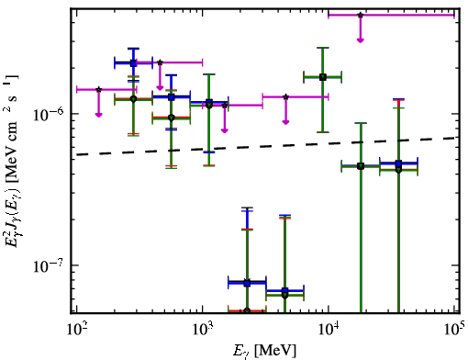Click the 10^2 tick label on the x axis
pos(77,330)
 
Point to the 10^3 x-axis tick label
pos(203,330)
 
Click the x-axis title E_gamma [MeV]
pos(264,351)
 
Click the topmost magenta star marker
pos(361,15)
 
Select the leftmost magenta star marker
pos(98,89)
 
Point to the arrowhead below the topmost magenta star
pos(361,40)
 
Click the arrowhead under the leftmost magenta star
pos(98,115)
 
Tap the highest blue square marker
pos(133,63)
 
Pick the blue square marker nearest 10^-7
pos(247,284)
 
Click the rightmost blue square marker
pos(398,163)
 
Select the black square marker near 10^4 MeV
pos(323,77)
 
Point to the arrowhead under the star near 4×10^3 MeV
pos(285,122)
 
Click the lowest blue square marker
pos(285,291)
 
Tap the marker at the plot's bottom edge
pos(247,311)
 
